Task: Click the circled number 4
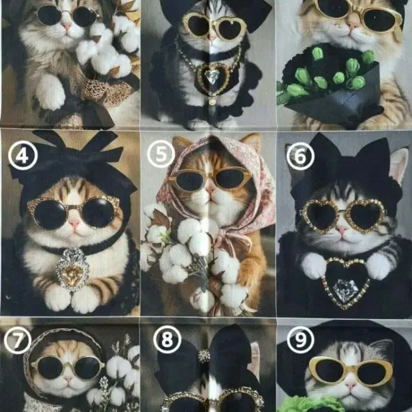23,155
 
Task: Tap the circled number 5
161,153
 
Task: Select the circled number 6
300,156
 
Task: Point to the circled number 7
17,340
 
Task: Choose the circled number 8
167,339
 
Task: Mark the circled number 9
301,339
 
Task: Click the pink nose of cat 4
74,224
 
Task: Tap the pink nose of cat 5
210,189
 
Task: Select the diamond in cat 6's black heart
345,289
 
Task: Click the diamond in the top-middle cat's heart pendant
212,76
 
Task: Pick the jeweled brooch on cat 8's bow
204,356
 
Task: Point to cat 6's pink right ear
398,164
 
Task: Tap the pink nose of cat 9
351,386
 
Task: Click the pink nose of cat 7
68,379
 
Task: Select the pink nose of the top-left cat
67,25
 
